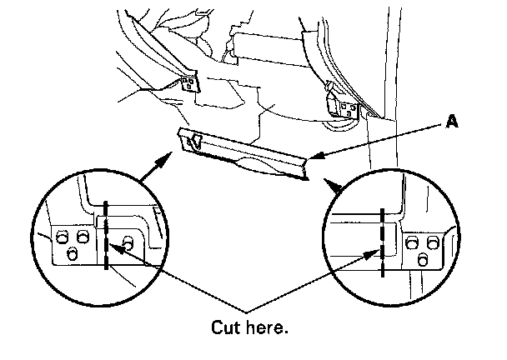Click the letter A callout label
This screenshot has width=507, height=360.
click(452, 122)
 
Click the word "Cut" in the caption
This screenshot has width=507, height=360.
click(228, 327)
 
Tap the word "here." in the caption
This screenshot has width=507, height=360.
click(270, 327)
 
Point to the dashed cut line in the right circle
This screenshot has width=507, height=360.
click(381, 242)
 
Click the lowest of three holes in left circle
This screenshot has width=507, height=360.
click(73, 255)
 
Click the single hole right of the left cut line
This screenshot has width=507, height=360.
click(128, 242)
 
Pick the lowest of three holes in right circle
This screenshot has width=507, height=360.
click(422, 260)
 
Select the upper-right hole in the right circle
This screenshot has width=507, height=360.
click(433, 242)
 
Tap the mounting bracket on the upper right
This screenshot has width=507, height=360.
click(344, 106)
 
